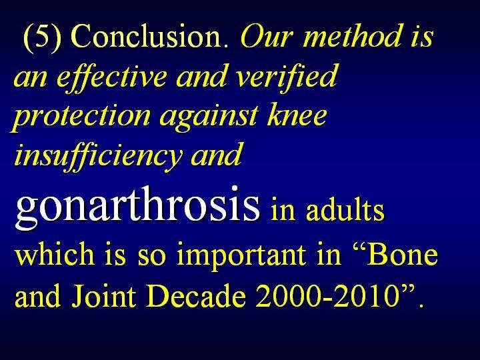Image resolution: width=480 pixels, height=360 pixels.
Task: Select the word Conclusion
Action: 149,36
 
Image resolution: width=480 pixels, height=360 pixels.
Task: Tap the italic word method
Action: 353,36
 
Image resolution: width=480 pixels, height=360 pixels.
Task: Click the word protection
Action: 81,117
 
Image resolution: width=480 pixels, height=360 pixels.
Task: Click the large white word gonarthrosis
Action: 137,206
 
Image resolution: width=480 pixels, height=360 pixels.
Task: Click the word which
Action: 55,254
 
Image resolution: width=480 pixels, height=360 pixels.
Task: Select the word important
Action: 241,256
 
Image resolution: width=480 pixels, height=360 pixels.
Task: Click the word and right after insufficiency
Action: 216,154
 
